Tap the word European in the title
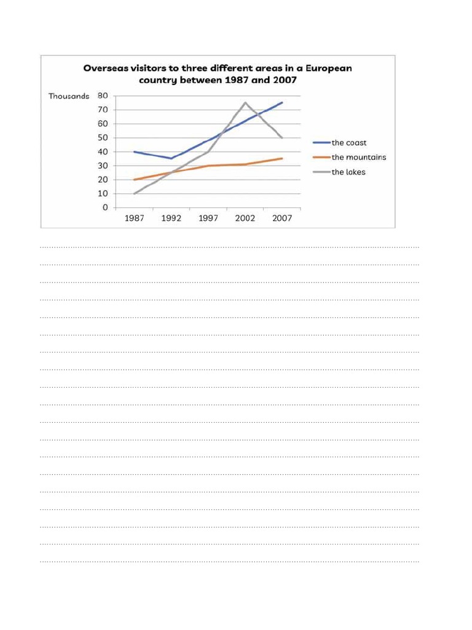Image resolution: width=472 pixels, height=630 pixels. (x=326, y=68)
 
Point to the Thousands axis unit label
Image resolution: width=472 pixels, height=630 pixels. (x=69, y=97)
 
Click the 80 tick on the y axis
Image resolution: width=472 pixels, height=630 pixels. (x=102, y=96)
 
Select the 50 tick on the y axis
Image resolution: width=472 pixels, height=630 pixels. (x=102, y=138)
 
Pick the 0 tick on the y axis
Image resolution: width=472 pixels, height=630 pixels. (x=105, y=208)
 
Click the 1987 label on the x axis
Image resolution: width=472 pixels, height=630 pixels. (x=135, y=218)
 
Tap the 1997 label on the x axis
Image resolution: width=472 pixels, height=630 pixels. (x=208, y=218)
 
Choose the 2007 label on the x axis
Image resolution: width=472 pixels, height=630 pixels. (x=282, y=218)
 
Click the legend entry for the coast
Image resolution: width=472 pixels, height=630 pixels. (x=348, y=143)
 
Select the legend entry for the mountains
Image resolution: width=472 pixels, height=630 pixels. (x=358, y=157)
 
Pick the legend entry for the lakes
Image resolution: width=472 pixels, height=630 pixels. (x=348, y=172)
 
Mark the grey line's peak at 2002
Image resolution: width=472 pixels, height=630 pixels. (x=245, y=103)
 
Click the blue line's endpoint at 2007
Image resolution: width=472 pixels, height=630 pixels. (x=282, y=103)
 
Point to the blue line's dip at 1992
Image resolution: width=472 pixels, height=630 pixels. (x=171, y=158)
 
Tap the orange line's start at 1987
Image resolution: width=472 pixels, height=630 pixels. (x=135, y=180)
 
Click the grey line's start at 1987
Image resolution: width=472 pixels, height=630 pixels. (x=135, y=194)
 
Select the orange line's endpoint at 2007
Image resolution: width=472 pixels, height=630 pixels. (x=282, y=159)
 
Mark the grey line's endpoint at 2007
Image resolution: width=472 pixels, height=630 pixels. (x=282, y=138)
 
